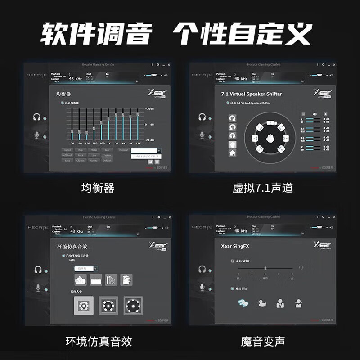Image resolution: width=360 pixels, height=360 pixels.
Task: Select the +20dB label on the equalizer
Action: pyautogui.click(x=149, y=109)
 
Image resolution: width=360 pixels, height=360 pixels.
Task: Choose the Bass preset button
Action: pyautogui.click(x=67, y=160)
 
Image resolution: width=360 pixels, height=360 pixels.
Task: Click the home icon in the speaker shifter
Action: pyautogui.click(x=233, y=153)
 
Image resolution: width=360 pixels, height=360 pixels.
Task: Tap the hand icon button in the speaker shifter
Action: pyautogui.click(x=233, y=145)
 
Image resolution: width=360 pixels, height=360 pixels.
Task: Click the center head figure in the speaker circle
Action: pyautogui.click(x=271, y=138)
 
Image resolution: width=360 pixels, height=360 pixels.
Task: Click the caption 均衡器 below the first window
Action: pyautogui.click(x=98, y=188)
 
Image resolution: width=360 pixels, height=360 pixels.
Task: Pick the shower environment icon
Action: pyautogui.click(x=111, y=280)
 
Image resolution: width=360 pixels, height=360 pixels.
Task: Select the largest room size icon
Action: pyautogui.click(x=133, y=306)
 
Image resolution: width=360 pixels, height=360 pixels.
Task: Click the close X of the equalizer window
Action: pyautogui.click(x=169, y=65)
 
